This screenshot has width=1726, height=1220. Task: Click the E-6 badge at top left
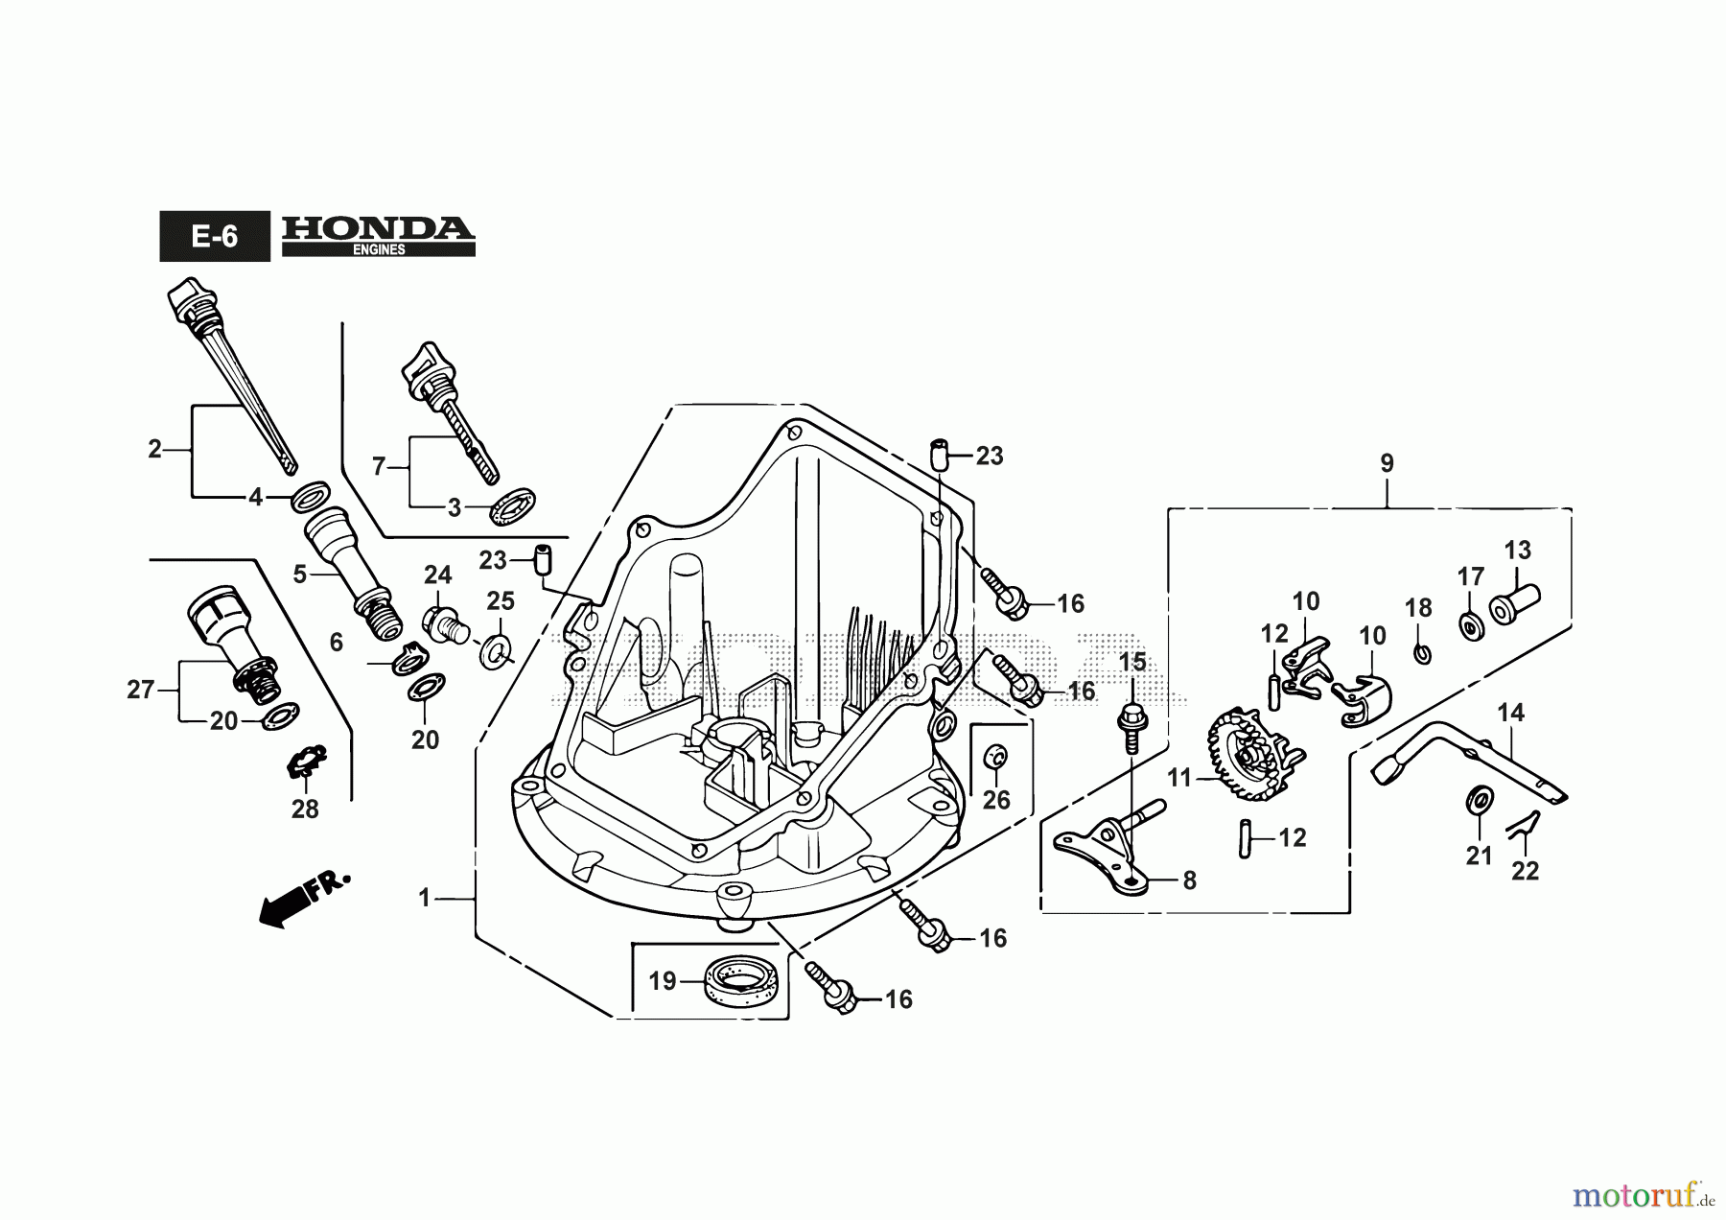[x=215, y=236]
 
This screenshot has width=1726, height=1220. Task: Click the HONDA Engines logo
[x=379, y=235]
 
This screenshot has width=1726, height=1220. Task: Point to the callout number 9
[x=1388, y=463]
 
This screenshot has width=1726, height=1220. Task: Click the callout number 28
[x=305, y=809]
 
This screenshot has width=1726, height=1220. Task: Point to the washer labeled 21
[x=1480, y=798]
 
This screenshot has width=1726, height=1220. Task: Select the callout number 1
[x=425, y=899]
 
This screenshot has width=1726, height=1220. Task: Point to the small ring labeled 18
[x=1422, y=654]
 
